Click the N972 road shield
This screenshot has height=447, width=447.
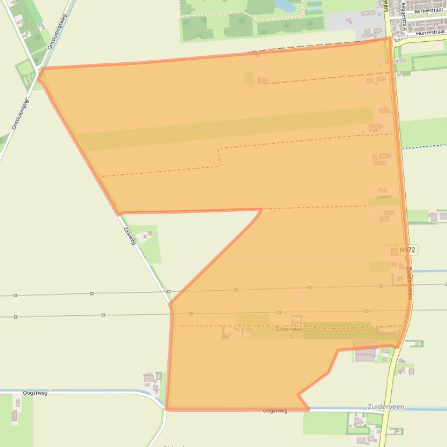pos(408,250)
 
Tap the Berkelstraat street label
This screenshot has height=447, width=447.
pos(428,11)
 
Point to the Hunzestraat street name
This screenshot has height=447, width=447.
pos(430,33)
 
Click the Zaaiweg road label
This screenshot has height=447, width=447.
pos(129,235)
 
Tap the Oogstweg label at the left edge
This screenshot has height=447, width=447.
pos(35,393)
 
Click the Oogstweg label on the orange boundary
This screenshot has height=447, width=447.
pos(275,410)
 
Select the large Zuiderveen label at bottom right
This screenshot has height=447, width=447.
pos(386,406)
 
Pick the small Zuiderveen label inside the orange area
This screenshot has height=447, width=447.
pos(289,329)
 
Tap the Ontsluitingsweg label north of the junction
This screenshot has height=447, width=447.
pos(58,31)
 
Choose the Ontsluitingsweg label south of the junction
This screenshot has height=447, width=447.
pos(20,114)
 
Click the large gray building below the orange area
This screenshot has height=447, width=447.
pos(366,354)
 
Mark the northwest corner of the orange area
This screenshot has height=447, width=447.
pos(40,71)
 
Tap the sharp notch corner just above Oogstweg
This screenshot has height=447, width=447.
pos(299,395)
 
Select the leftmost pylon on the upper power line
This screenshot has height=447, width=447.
pos(15,295)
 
